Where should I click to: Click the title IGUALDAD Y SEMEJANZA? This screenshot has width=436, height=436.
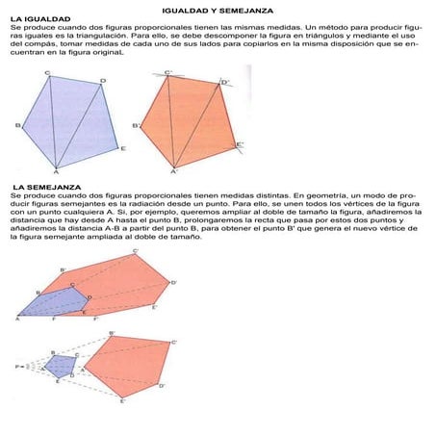[218, 8]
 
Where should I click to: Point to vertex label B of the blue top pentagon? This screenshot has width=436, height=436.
[17, 125]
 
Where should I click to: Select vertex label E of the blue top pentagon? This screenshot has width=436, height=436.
[123, 147]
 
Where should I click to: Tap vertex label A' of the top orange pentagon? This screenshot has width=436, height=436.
[173, 173]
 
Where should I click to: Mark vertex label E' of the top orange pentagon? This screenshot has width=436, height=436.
[241, 145]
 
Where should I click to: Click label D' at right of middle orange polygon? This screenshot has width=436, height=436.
[173, 283]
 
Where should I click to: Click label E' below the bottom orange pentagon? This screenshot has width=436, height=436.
[121, 400]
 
